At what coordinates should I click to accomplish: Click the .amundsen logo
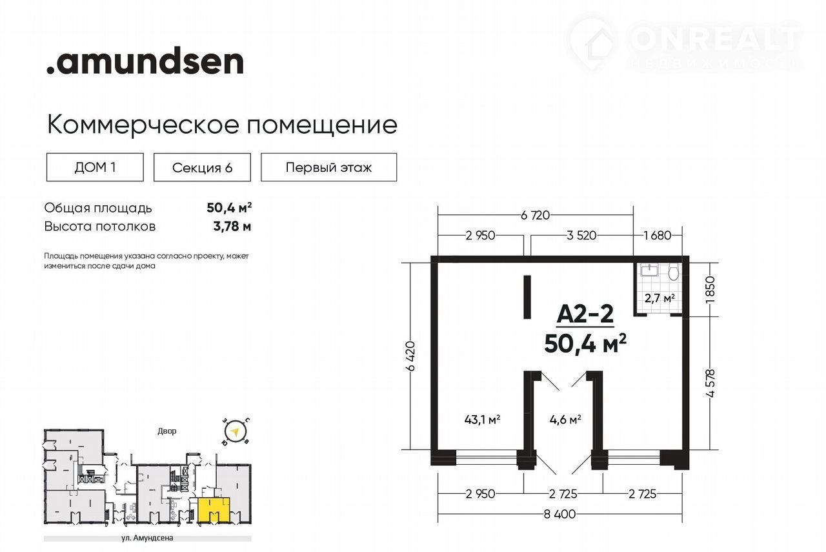point(145,61)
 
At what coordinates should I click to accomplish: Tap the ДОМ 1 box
point(95,167)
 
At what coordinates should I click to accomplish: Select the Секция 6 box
point(202,167)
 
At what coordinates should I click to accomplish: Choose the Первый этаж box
point(329,167)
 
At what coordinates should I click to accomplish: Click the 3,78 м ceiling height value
point(232,226)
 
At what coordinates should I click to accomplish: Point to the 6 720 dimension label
point(535,215)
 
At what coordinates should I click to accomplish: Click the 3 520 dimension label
point(581,236)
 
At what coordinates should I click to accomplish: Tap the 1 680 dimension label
point(658,236)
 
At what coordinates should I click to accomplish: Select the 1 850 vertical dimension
point(710,290)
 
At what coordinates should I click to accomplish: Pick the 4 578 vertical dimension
point(710,383)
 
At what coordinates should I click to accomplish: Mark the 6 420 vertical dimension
point(411,356)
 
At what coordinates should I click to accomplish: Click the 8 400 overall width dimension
point(559,514)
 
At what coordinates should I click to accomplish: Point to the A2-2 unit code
point(585,314)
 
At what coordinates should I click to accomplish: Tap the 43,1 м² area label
point(482,420)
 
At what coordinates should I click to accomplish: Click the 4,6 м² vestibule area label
point(565,420)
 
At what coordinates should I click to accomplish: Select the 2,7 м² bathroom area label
point(660,298)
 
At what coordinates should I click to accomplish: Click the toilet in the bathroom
point(674,272)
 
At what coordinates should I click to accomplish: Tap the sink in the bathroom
point(649,270)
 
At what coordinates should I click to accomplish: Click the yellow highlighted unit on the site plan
point(214,509)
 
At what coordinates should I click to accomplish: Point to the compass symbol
point(234,431)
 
